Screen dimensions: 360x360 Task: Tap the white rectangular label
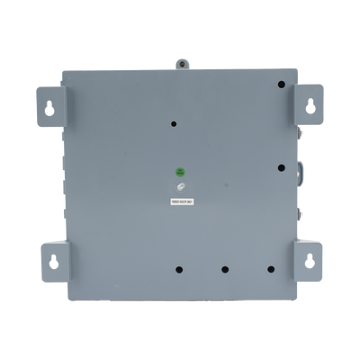[180, 202]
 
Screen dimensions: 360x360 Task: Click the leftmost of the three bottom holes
[179, 268]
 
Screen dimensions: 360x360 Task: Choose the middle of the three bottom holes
[225, 268]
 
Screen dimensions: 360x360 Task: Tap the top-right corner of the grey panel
[299, 68]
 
